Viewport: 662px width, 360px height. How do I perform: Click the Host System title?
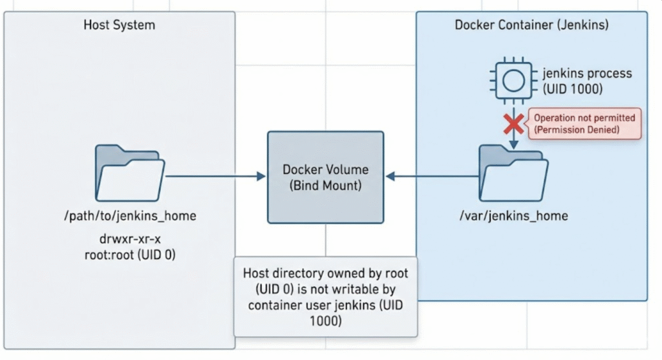click(x=119, y=25)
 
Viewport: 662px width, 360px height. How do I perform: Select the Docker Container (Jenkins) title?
click(x=531, y=25)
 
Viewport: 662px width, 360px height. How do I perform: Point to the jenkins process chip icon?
click(x=513, y=81)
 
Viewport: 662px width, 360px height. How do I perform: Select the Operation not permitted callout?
click(x=584, y=124)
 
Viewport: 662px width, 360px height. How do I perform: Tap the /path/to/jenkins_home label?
click(x=129, y=216)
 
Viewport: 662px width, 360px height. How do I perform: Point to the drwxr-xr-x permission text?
click(x=129, y=240)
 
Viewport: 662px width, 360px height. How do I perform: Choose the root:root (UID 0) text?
click(x=129, y=255)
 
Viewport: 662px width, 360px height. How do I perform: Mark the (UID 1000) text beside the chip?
click(x=573, y=89)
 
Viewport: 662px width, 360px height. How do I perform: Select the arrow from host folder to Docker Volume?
click(x=217, y=175)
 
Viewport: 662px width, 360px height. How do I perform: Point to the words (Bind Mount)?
click(x=325, y=185)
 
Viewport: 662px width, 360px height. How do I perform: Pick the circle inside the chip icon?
click(x=513, y=81)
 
